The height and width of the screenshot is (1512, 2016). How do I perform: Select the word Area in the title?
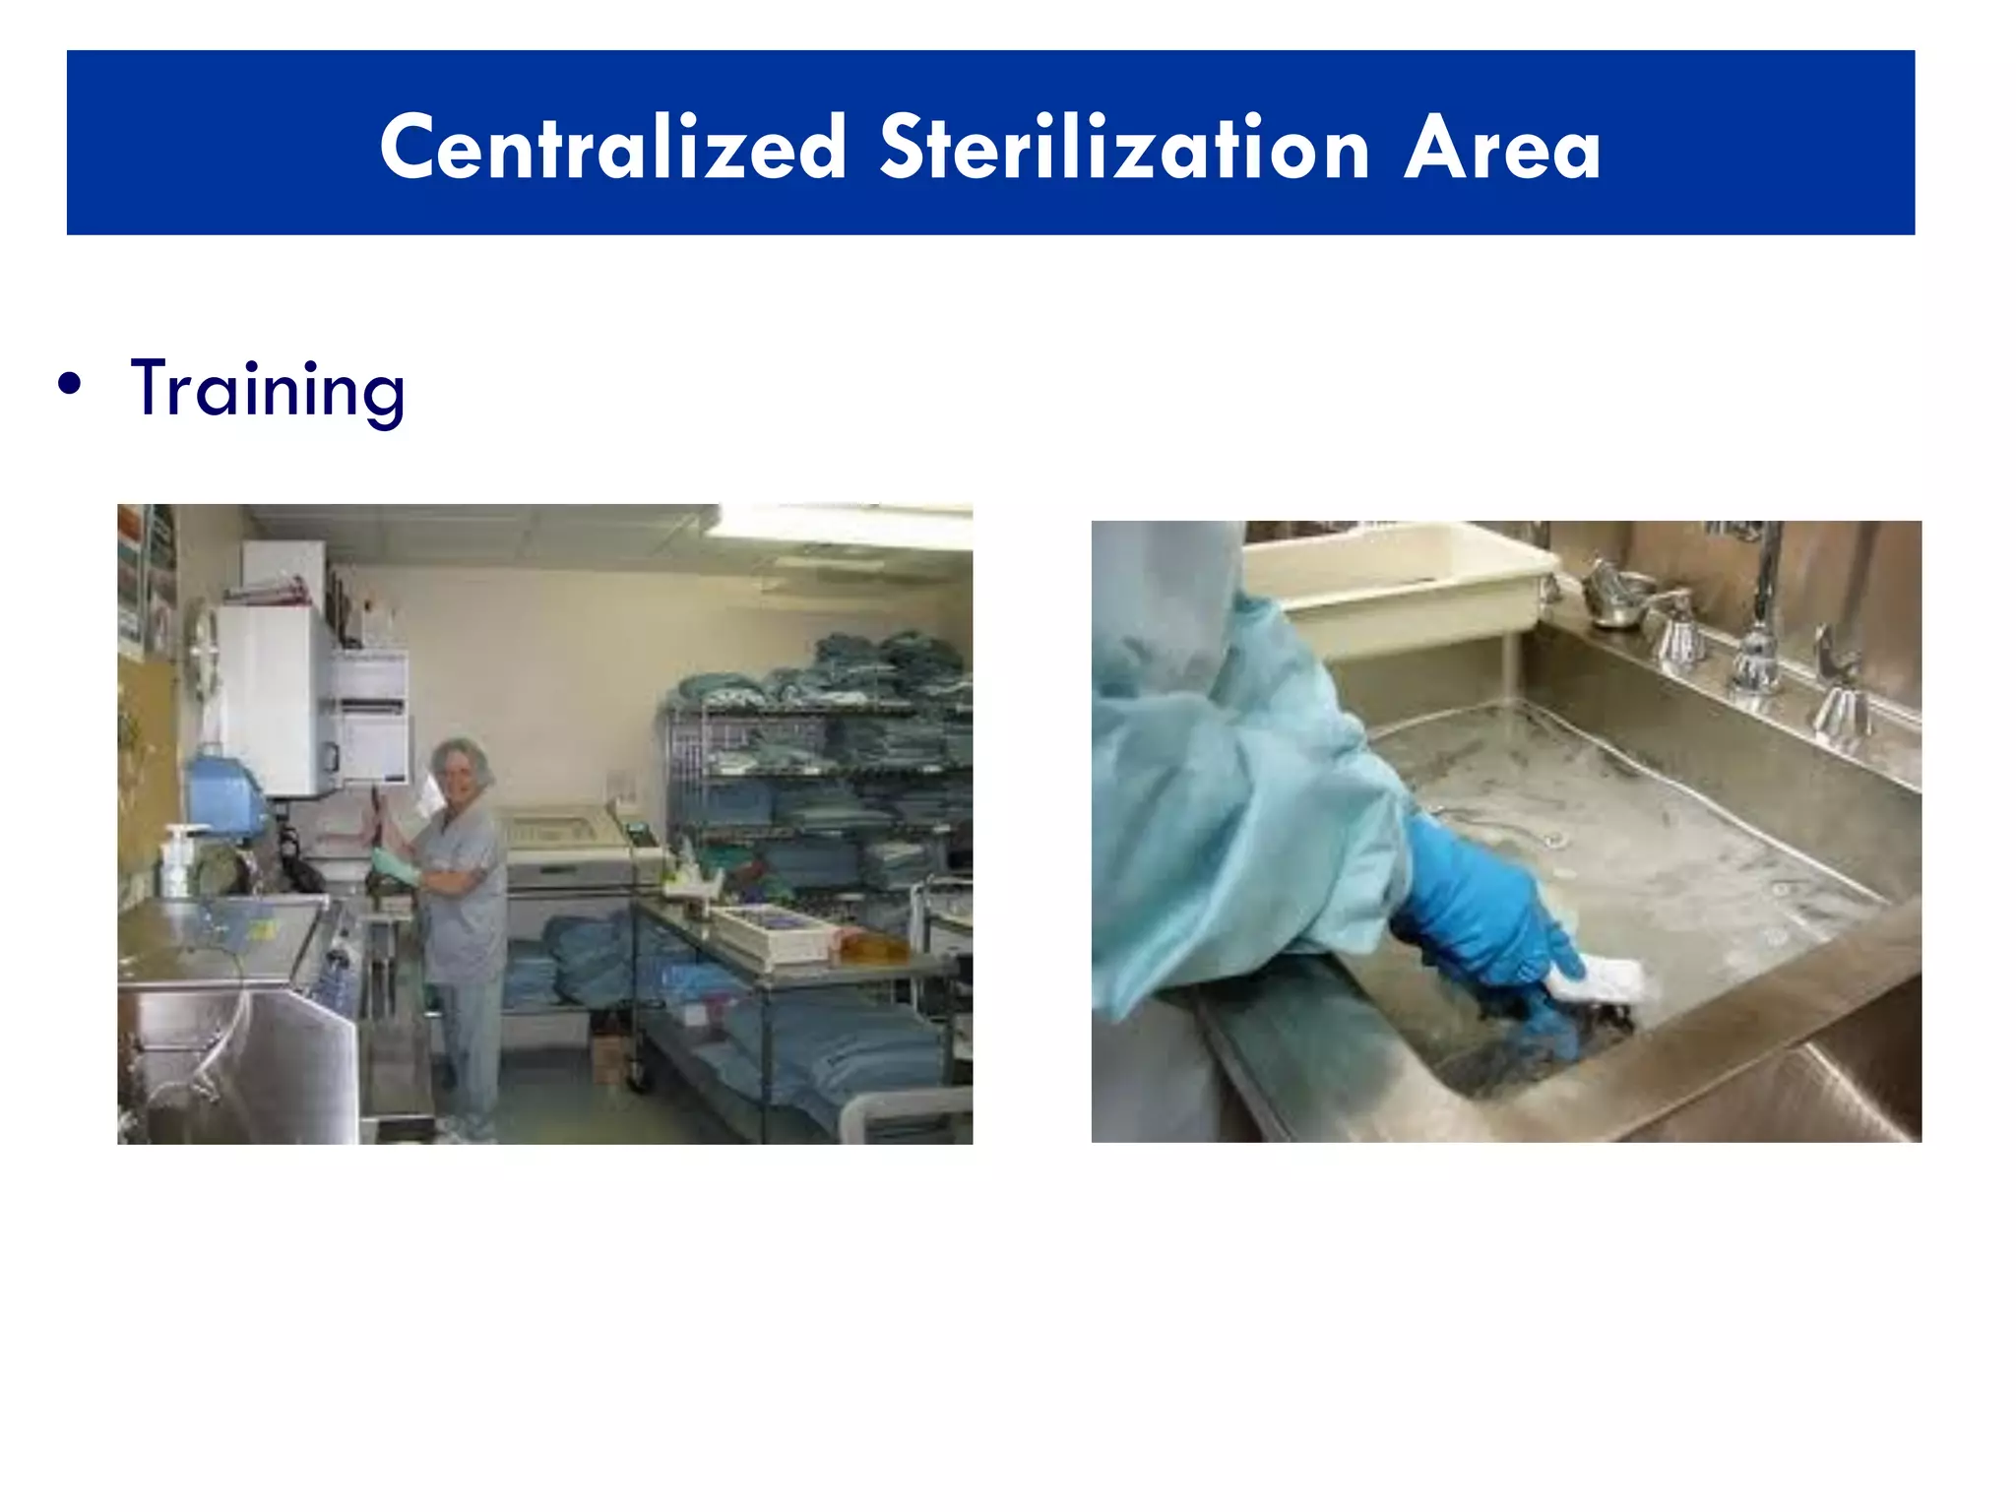(x=1502, y=149)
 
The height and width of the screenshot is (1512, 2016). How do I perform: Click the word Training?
(x=267, y=390)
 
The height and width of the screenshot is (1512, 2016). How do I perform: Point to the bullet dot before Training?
(x=69, y=385)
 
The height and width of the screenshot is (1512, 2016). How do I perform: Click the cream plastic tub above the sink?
(x=1398, y=581)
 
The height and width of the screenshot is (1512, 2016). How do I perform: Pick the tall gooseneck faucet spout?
(x=1767, y=581)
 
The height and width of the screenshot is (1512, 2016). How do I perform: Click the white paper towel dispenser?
(x=370, y=719)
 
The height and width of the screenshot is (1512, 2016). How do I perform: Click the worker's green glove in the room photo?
(x=393, y=865)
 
